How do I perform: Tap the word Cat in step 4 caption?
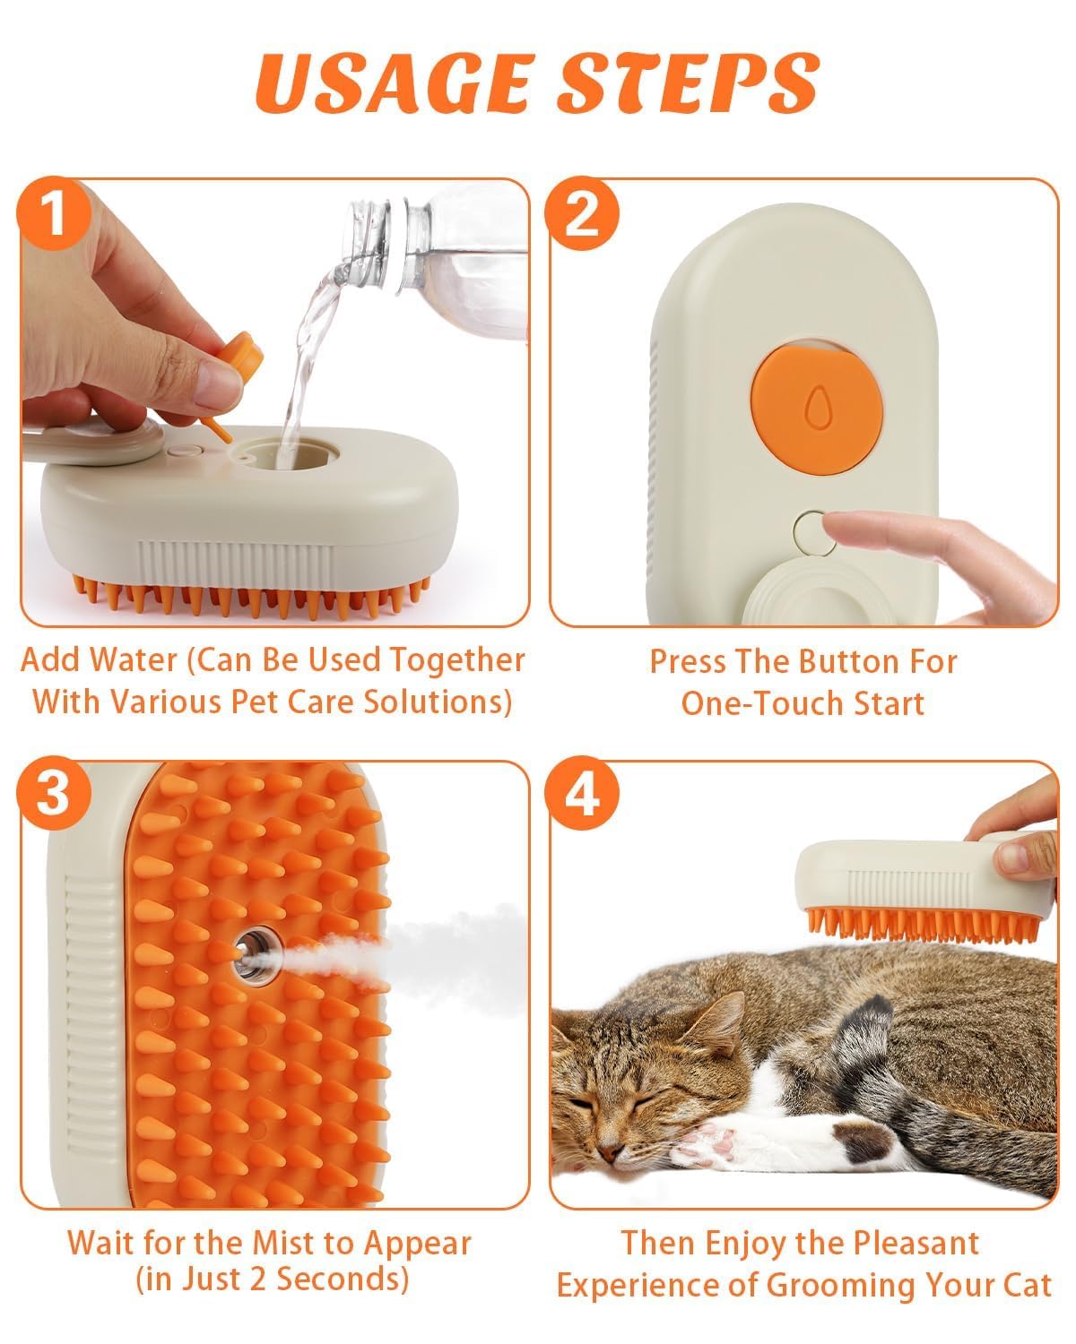tap(1027, 1285)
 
